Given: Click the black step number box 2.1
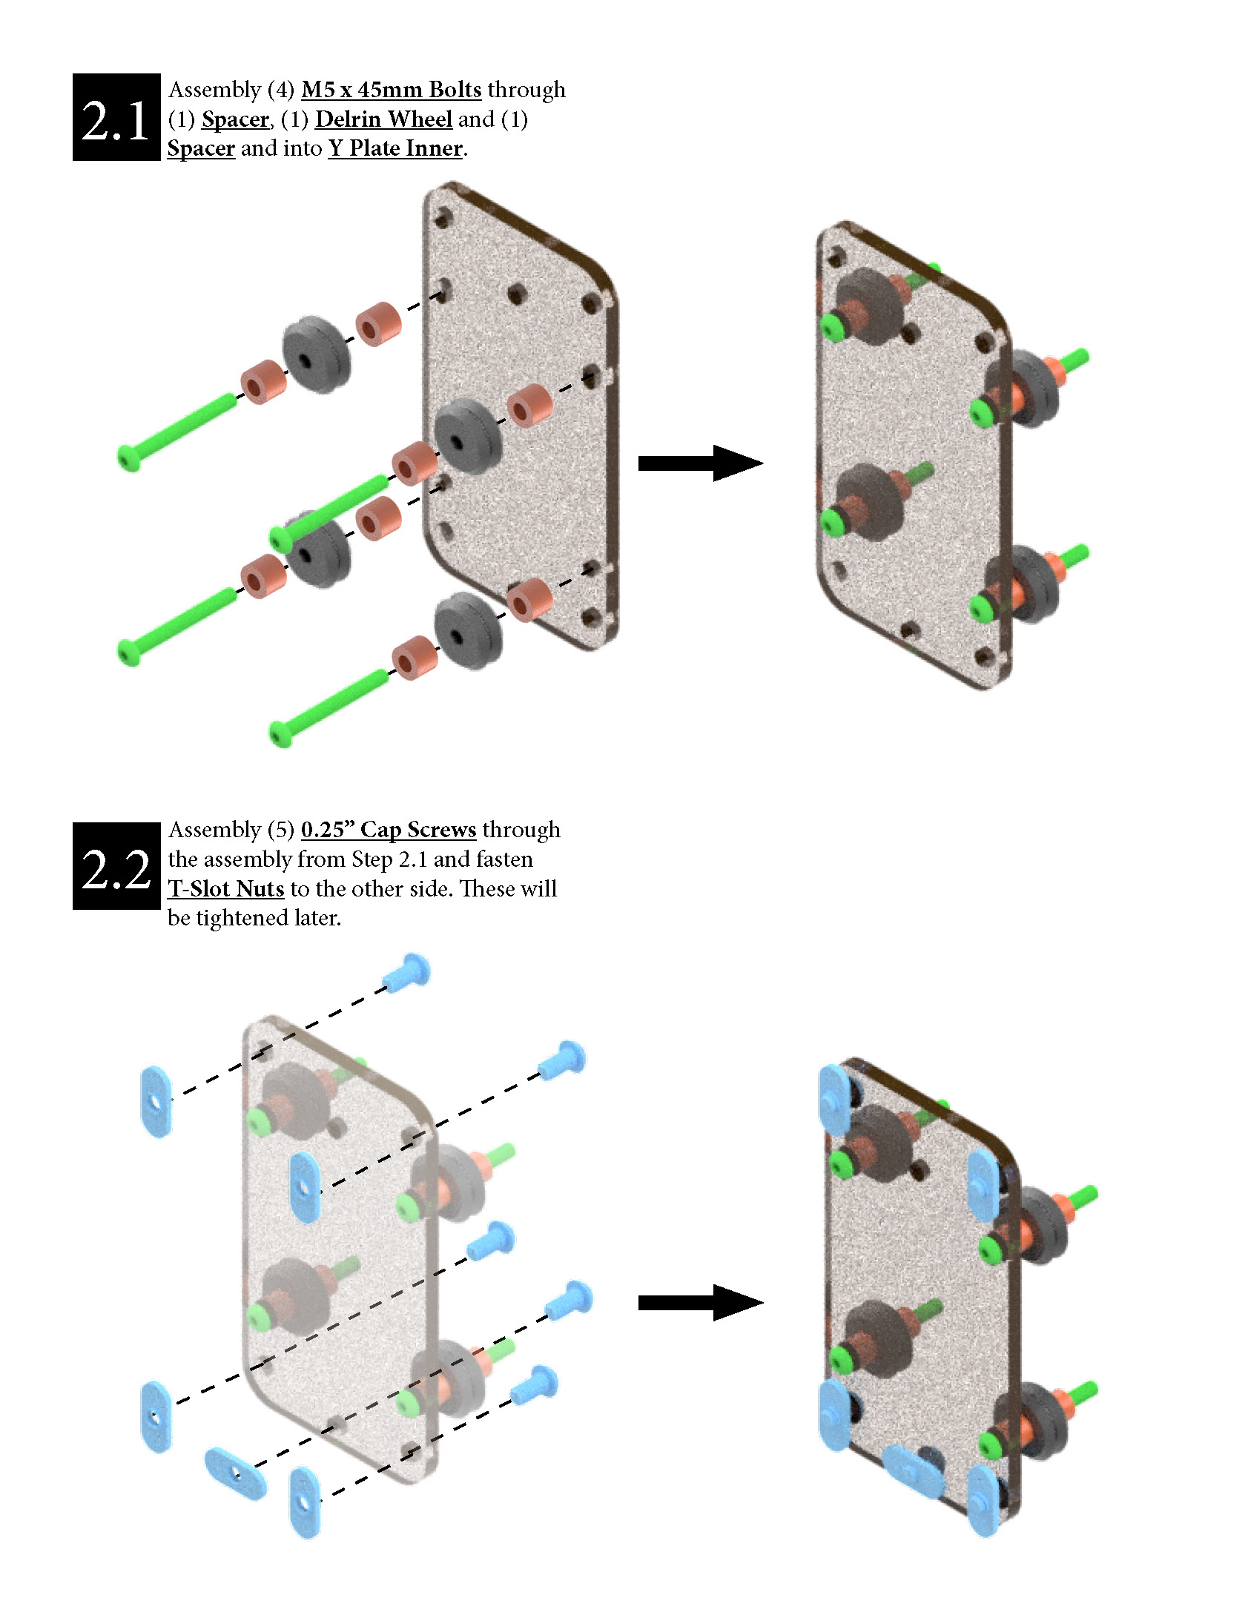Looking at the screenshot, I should pyautogui.click(x=116, y=117).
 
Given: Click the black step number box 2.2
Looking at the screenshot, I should pyautogui.click(x=116, y=866).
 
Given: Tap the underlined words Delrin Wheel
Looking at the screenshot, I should pyautogui.click(x=383, y=119).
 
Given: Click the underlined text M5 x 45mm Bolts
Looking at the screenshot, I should pyautogui.click(x=391, y=90).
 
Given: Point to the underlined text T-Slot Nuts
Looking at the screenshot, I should pyautogui.click(x=226, y=888).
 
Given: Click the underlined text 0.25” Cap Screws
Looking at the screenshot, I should pyautogui.click(x=389, y=830).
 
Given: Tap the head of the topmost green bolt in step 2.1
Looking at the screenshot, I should pyautogui.click(x=129, y=458).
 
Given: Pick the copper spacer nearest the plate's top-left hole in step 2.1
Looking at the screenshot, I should pyautogui.click(x=378, y=323).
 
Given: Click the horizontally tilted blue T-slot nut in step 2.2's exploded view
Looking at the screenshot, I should pyautogui.click(x=235, y=1473).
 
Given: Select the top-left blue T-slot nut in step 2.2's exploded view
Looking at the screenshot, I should pyautogui.click(x=156, y=1101).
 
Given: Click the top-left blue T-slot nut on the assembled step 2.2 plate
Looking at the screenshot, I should pyautogui.click(x=835, y=1100).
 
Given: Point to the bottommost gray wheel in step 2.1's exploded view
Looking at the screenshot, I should pyautogui.click(x=467, y=630).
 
